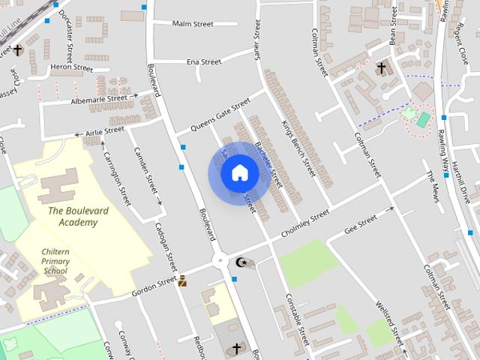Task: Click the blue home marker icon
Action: pyautogui.click(x=239, y=173)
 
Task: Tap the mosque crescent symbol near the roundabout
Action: pyautogui.click(x=241, y=262)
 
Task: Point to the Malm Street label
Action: pyautogui.click(x=193, y=24)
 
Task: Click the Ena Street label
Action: pyautogui.click(x=203, y=61)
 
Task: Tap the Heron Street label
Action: pyautogui.click(x=70, y=67)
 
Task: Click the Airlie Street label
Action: pyautogui.click(x=104, y=131)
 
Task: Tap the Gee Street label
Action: pyautogui.click(x=361, y=223)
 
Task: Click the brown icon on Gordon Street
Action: pyautogui.click(x=182, y=281)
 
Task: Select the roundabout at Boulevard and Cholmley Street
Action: pyautogui.click(x=220, y=261)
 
